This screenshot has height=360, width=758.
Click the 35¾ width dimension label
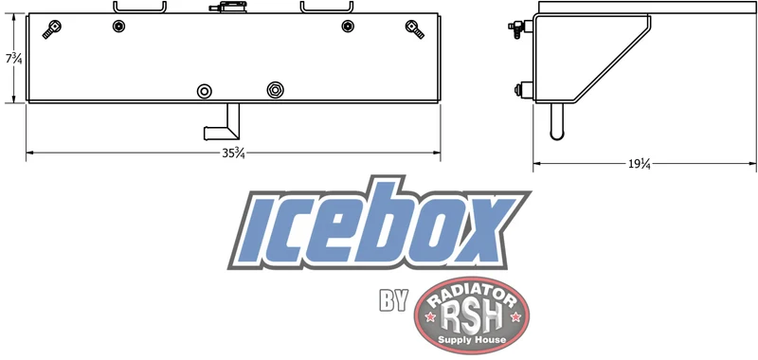coord(233,153)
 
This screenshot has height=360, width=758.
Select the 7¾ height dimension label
coord(14,59)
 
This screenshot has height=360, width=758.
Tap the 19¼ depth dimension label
coord(639,164)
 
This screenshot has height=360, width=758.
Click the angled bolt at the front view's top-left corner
coord(51,29)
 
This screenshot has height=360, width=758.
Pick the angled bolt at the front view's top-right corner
coord(415,29)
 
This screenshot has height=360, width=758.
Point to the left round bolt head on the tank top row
coord(118,27)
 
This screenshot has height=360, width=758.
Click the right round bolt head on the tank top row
coord(348,27)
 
